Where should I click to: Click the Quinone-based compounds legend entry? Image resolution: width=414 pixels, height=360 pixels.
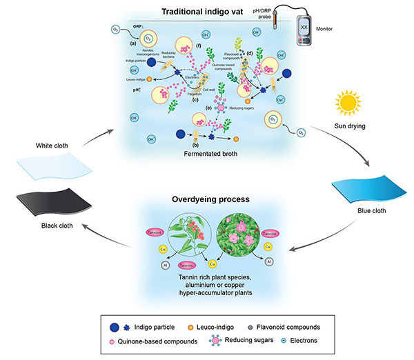tap(144, 339)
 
